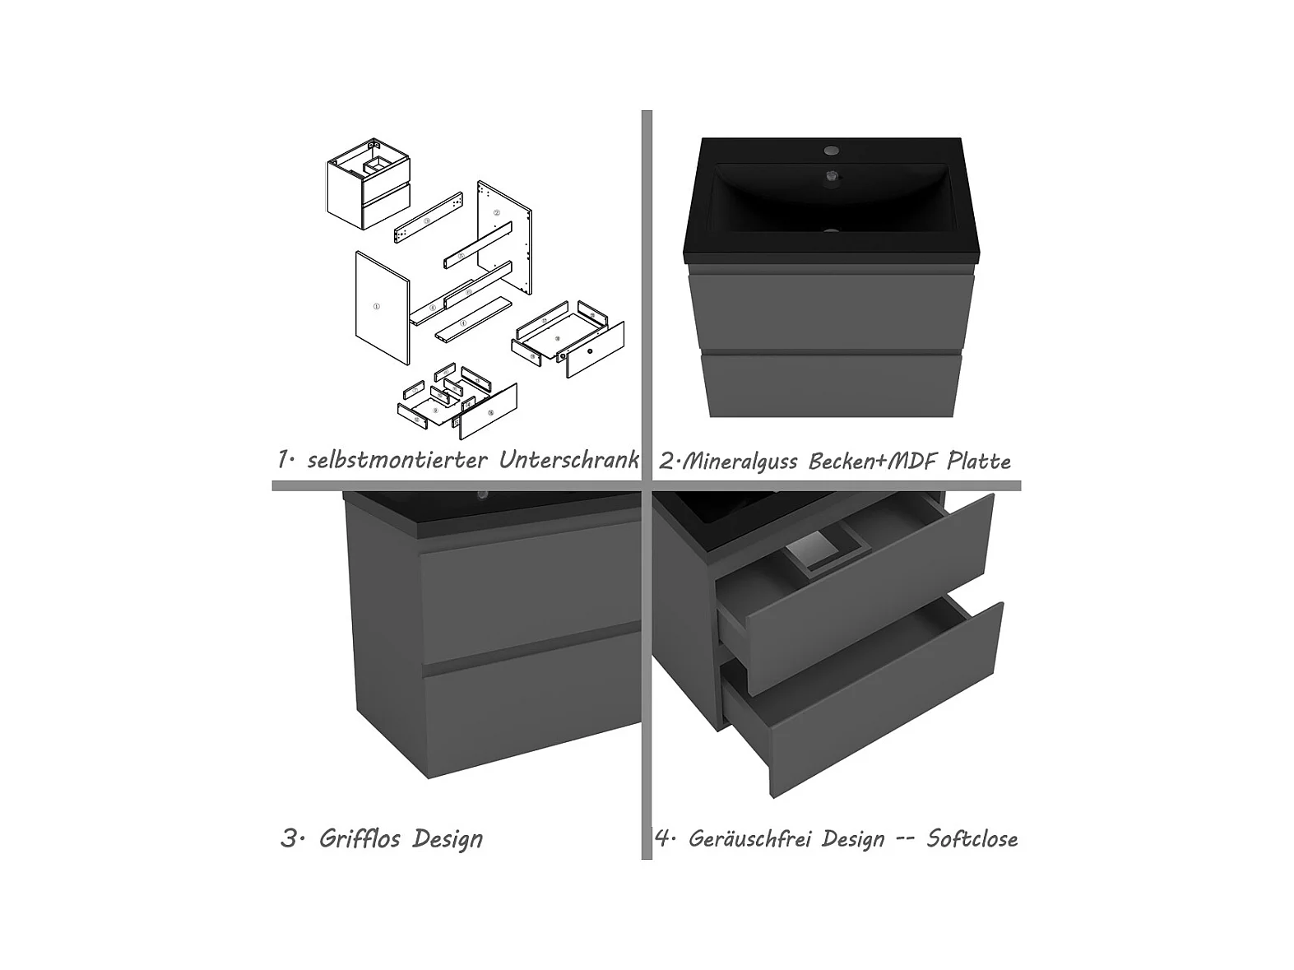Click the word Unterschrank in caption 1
pyautogui.click(x=569, y=460)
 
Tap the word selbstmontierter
pyautogui.click(x=397, y=460)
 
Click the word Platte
pyautogui.click(x=979, y=461)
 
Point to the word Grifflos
pyautogui.click(x=359, y=838)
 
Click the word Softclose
pyautogui.click(x=972, y=838)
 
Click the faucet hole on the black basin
pyautogui.click(x=831, y=150)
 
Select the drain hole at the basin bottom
pyautogui.click(x=831, y=231)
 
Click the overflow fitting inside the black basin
pyautogui.click(x=832, y=175)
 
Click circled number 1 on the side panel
pyautogui.click(x=377, y=306)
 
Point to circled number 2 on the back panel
pyautogui.click(x=497, y=213)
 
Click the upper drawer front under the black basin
pyautogui.click(x=831, y=313)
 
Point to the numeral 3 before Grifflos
pyautogui.click(x=289, y=838)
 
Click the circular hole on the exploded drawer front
pyautogui.click(x=590, y=351)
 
